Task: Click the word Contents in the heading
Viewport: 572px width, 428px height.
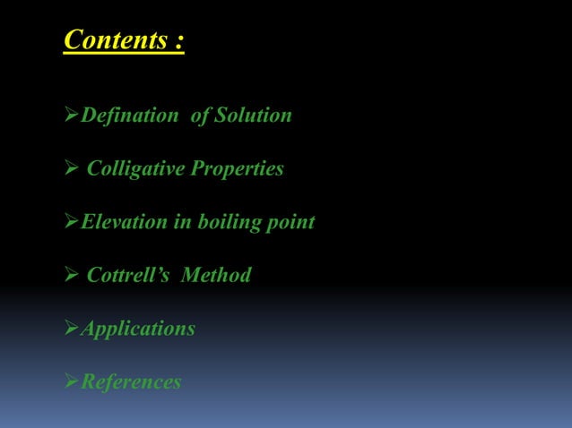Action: (x=115, y=41)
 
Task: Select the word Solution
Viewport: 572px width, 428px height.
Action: (x=253, y=116)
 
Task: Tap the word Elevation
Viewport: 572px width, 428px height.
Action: (x=123, y=222)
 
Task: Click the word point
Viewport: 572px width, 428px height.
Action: (x=290, y=223)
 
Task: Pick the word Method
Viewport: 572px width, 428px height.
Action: (x=216, y=275)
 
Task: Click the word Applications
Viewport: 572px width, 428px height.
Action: (x=138, y=329)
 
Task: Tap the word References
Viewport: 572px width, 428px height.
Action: (x=131, y=382)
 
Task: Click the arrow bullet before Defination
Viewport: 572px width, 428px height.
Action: (x=71, y=116)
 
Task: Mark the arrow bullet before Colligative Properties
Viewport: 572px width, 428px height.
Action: (x=71, y=168)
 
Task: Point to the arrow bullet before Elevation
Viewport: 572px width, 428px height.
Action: (x=71, y=222)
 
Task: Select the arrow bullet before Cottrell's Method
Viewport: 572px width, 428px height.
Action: (x=71, y=275)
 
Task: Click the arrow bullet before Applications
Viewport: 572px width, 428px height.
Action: (x=71, y=329)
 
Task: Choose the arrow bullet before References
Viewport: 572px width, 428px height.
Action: (x=71, y=382)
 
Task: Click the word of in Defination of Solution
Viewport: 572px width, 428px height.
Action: (x=199, y=116)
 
